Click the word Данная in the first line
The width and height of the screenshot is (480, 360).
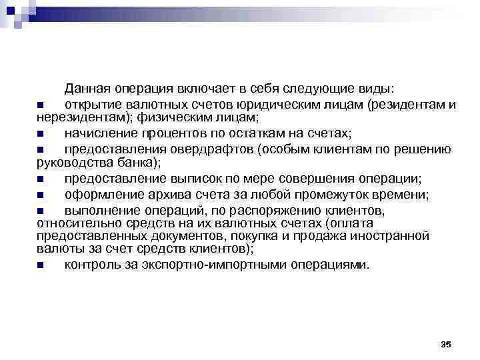pyautogui.click(x=87, y=89)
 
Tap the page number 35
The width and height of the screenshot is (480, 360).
pyautogui.click(x=446, y=344)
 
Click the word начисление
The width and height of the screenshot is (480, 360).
pyautogui.click(x=102, y=133)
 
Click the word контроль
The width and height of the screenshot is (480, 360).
pyautogui.click(x=92, y=264)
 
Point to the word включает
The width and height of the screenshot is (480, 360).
pyautogui.click(x=204, y=89)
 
